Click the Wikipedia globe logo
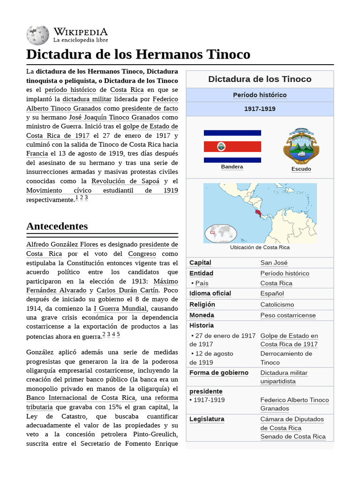click(x=37, y=36)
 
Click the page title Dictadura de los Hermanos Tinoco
click(x=138, y=54)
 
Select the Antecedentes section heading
click(x=57, y=226)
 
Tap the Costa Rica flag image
click(x=232, y=147)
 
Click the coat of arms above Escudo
click(x=301, y=146)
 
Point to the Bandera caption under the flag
click(x=232, y=167)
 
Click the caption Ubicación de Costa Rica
click(x=260, y=247)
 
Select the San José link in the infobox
click(x=274, y=262)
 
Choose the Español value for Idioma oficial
click(x=272, y=293)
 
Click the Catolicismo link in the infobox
click(x=277, y=305)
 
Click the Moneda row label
click(x=202, y=315)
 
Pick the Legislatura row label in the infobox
click(x=207, y=419)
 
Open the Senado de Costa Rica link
click(x=292, y=436)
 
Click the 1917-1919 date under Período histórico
click(x=260, y=109)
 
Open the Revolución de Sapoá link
click(x=125, y=181)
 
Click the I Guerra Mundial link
click(x=120, y=308)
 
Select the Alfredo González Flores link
click(x=62, y=244)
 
